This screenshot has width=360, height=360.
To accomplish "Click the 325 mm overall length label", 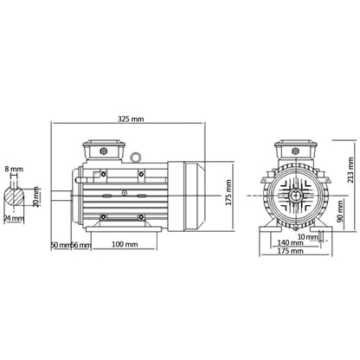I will [x=129, y=119].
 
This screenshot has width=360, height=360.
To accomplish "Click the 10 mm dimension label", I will [x=308, y=235].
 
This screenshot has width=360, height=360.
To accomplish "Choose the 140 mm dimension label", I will [x=292, y=246].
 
